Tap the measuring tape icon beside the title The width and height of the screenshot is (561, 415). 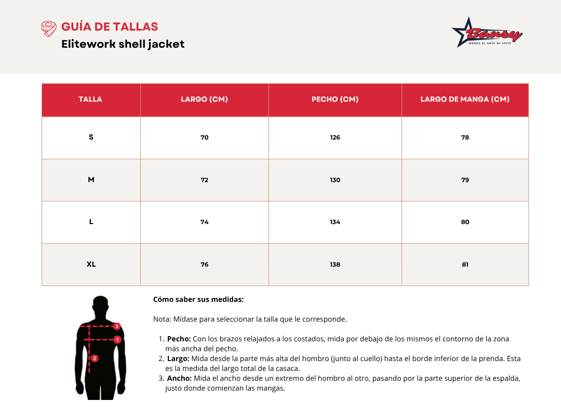coord(48,29)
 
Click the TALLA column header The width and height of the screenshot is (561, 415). coord(90,99)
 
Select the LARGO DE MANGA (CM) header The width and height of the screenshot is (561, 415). coord(465,99)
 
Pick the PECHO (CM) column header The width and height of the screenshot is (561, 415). coord(335,99)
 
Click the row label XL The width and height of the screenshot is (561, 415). coord(91,264)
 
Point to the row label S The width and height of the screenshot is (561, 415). coord(91,137)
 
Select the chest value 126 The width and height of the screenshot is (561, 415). coord(335,137)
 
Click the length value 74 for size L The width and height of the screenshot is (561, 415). coord(205,222)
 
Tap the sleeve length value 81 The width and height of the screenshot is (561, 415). coord(465,265)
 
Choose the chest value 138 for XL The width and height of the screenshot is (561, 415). coord(335,265)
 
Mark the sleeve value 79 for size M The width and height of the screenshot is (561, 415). coord(465,180)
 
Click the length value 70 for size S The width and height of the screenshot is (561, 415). coord(205,137)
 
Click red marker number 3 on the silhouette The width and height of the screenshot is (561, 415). coord(117,326)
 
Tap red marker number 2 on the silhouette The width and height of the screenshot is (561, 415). coord(95,358)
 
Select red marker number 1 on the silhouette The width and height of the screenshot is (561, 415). coord(118,340)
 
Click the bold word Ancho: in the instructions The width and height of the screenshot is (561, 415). coord(179,378)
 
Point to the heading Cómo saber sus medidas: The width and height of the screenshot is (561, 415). coord(198,299)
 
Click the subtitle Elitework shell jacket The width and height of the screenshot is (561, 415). coord(123,44)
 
